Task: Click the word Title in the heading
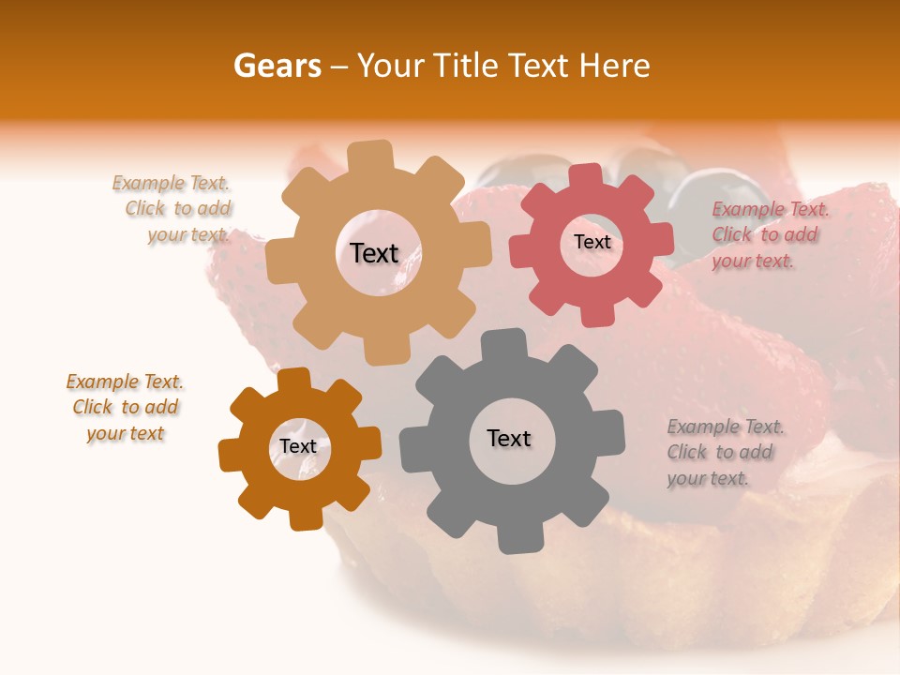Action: click(x=468, y=66)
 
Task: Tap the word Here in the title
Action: click(x=614, y=66)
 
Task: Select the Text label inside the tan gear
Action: click(x=374, y=253)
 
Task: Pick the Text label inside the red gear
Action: click(x=592, y=242)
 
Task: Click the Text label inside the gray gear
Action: click(x=509, y=438)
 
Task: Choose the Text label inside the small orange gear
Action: click(x=298, y=446)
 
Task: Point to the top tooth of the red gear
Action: click(x=586, y=176)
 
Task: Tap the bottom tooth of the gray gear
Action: click(x=514, y=538)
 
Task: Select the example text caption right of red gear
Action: click(x=769, y=235)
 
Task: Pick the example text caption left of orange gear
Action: click(x=126, y=407)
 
